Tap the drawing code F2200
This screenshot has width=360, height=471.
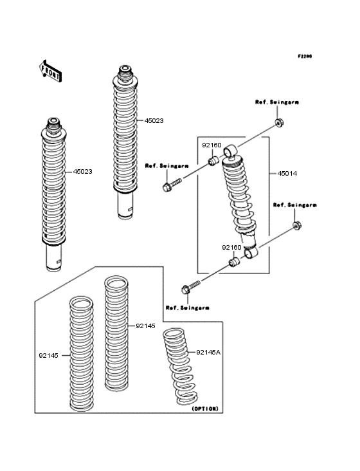tap(304, 57)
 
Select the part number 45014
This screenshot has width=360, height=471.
tap(287, 174)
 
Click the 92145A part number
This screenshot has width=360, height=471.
tap(208, 352)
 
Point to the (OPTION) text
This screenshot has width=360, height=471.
tap(205, 409)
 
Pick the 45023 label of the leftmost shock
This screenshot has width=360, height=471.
tap(82, 172)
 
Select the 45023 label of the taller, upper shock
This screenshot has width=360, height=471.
tap(154, 120)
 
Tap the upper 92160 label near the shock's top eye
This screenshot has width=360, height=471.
tap(212, 145)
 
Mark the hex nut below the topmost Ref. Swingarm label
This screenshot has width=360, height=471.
tap(278, 123)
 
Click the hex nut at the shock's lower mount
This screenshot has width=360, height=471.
tap(296, 226)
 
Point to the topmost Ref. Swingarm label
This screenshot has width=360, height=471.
tap(276, 102)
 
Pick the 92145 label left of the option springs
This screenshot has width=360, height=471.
tap(48, 354)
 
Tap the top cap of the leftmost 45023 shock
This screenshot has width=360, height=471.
tap(52, 122)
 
